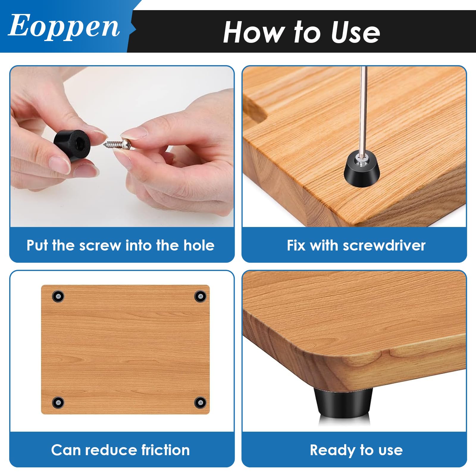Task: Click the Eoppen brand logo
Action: tap(64, 26)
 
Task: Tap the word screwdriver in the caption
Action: tap(384, 246)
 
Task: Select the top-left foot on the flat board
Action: tap(58, 296)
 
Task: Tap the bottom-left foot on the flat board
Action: tap(58, 403)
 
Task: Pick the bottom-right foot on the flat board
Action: tap(200, 403)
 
